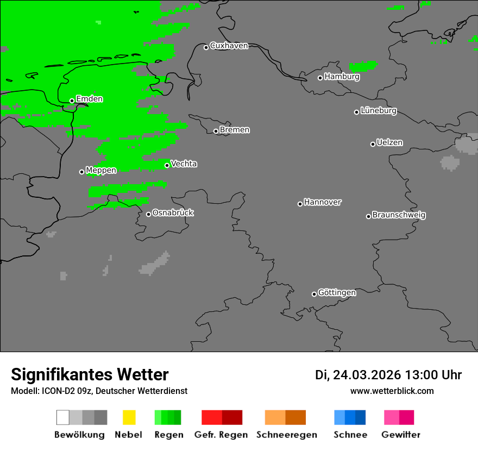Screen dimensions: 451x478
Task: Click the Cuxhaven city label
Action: [229, 46]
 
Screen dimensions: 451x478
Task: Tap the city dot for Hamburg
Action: [320, 78]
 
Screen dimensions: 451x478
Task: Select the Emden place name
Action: [89, 99]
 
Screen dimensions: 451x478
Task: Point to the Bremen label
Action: [235, 130]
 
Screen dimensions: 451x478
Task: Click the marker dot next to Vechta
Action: [167, 165]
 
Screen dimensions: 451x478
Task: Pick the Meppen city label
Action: [101, 171]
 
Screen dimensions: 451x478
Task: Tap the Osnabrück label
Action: [173, 213]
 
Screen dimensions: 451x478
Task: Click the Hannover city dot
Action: [300, 204]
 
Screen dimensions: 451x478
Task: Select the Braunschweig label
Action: [399, 215]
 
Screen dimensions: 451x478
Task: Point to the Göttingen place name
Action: [337, 293]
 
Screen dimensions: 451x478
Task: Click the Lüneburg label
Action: [379, 111]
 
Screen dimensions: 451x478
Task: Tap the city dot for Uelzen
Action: [373, 144]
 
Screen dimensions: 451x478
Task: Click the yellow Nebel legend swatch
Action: [129, 417]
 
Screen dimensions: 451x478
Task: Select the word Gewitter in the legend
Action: [401, 435]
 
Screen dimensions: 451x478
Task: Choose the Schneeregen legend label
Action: [286, 435]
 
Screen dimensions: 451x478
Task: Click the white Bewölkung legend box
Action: [62, 417]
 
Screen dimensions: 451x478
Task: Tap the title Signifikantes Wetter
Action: [90, 375]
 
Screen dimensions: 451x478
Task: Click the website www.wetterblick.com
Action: [392, 391]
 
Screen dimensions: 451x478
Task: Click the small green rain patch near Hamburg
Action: [363, 66]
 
